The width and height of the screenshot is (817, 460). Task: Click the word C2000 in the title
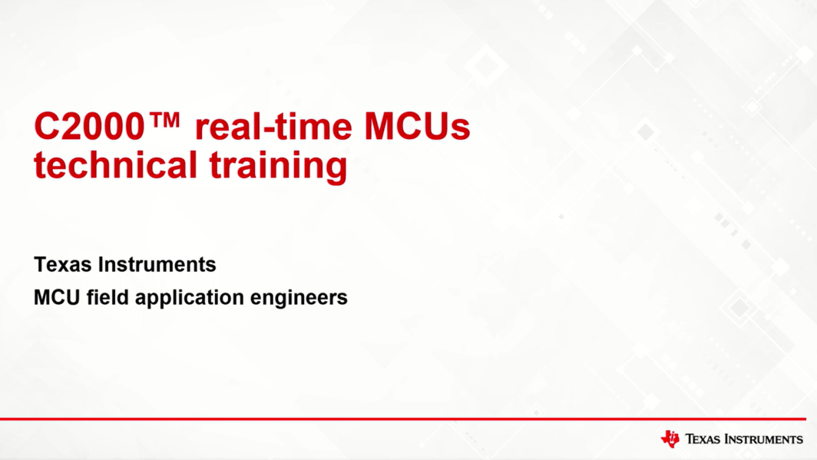click(89, 127)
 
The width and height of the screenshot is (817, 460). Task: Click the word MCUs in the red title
click(417, 127)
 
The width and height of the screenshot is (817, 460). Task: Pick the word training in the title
click(278, 167)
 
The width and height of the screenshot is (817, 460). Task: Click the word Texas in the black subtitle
click(63, 265)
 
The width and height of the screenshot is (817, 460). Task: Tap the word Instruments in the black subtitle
click(157, 265)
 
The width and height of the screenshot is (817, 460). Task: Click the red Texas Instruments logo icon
click(670, 438)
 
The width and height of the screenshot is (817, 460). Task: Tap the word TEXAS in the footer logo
click(703, 439)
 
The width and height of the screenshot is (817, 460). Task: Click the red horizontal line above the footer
click(403, 419)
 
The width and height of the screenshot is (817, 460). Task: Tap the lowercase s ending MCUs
click(461, 131)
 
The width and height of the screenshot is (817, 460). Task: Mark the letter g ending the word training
click(338, 170)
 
